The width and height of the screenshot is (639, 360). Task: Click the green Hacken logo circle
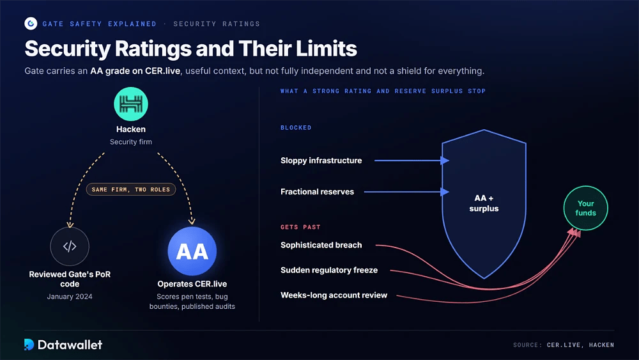tap(131, 104)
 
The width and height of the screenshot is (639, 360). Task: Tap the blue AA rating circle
tap(192, 251)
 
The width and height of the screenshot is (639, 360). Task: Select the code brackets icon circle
tap(70, 246)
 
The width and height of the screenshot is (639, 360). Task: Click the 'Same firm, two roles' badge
tap(131, 189)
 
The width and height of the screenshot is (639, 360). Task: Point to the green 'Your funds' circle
tap(585, 208)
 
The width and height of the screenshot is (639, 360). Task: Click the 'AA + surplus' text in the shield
tap(484, 203)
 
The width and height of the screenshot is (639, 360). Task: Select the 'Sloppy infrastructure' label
tap(321, 160)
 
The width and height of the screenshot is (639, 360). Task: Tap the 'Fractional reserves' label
tap(317, 192)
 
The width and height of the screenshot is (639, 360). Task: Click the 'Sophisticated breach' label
tap(321, 245)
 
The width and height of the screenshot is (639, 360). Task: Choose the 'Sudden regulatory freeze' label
tap(329, 270)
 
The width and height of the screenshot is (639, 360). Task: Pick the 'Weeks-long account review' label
tap(334, 295)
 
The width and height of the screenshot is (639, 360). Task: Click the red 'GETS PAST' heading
tap(300, 227)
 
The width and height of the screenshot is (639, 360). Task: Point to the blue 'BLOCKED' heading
tap(296, 128)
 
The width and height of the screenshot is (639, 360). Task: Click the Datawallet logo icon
tap(29, 345)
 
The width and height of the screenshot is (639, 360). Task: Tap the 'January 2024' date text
tap(70, 297)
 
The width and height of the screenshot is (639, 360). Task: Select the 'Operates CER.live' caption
tap(192, 284)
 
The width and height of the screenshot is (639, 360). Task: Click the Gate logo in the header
tap(31, 24)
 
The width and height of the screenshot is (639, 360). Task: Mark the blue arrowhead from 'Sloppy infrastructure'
tap(445, 160)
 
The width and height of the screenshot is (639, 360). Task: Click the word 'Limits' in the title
tap(327, 49)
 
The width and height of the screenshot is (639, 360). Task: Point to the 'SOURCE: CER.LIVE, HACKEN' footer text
tap(564, 345)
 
